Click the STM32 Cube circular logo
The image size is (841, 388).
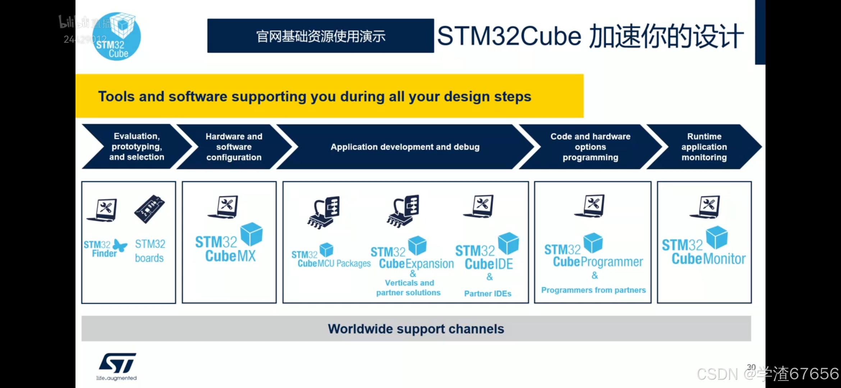coord(116,37)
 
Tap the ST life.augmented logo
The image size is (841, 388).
coord(117,366)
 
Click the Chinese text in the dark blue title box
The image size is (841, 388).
coord(321,36)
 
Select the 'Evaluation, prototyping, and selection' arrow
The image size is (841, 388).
coord(137,147)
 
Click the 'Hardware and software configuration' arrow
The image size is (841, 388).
coord(234,147)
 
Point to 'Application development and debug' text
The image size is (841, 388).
coord(405,147)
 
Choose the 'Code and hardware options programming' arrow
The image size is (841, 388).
coord(590,147)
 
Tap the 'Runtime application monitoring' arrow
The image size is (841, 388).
coord(704,147)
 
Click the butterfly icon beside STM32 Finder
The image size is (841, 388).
coord(120,246)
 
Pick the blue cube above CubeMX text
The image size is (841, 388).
coord(251,234)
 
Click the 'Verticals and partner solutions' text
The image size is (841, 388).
coord(409,288)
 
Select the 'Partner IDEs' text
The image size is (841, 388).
coord(488,294)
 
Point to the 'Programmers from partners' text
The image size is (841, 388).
coord(593,290)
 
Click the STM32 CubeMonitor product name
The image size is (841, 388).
coord(703,252)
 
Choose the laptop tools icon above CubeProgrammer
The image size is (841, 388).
coord(590,206)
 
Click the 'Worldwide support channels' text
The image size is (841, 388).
coord(416,329)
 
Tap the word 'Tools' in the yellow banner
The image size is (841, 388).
coord(116,96)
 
